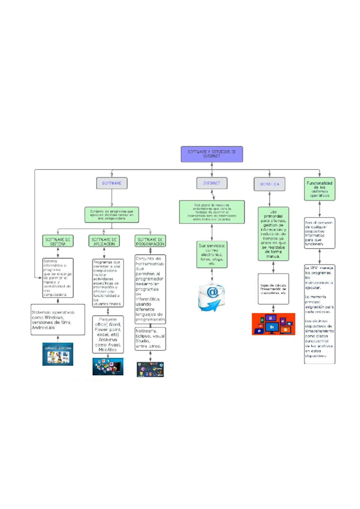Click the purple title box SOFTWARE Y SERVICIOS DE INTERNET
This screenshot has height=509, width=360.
click(x=211, y=154)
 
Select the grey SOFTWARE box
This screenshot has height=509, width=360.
click(x=112, y=183)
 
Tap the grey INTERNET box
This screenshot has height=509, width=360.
click(x=212, y=183)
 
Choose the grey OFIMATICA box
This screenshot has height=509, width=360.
click(x=269, y=184)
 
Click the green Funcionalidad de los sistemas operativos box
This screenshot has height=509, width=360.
click(x=319, y=189)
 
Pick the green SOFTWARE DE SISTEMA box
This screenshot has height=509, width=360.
click(x=58, y=241)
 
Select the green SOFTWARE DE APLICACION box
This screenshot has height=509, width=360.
click(x=104, y=241)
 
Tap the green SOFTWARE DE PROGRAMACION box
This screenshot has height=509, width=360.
click(x=150, y=241)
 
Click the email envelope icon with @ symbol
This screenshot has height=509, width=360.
click(x=211, y=296)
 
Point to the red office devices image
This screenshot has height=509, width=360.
click(x=273, y=324)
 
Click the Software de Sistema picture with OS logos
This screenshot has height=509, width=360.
click(x=58, y=354)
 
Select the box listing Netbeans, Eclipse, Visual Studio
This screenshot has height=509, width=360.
click(x=150, y=339)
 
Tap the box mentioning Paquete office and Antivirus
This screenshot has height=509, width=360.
click(x=108, y=335)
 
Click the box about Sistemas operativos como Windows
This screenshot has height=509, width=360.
click(x=58, y=320)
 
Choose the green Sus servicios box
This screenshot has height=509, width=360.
click(x=212, y=255)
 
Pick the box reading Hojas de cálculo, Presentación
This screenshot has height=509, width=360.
click(x=273, y=289)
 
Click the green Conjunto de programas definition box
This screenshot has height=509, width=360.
click(x=112, y=215)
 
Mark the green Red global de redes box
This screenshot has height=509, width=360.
click(x=212, y=212)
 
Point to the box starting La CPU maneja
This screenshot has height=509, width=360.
click(x=319, y=314)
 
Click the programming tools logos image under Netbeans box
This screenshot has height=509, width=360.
click(x=150, y=369)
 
